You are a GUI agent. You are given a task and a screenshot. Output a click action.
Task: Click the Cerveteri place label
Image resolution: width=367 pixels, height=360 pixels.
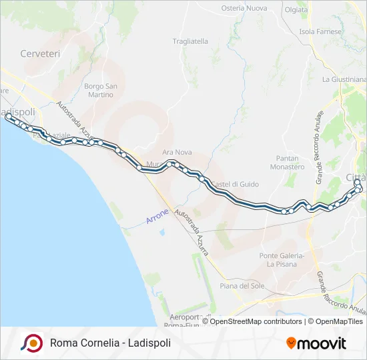(40, 53)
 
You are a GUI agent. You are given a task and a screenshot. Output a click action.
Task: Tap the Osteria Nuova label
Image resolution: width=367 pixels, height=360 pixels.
(244, 9)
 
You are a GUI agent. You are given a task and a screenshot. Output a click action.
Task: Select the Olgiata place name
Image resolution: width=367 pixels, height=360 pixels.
(296, 10)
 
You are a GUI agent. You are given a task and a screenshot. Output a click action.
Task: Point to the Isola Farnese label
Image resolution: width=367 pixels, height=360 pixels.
(321, 31)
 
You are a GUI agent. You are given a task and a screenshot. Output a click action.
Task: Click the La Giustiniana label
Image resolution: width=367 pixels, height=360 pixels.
(344, 79)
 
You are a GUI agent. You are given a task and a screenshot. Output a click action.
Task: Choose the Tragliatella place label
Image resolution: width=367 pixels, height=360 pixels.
(190, 41)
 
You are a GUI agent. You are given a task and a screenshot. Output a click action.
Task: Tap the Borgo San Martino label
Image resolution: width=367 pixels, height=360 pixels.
(101, 90)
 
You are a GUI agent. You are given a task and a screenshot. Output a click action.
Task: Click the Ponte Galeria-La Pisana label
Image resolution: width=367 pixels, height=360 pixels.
(282, 259)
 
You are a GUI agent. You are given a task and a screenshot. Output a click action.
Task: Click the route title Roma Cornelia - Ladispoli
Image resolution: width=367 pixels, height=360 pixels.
(110, 343)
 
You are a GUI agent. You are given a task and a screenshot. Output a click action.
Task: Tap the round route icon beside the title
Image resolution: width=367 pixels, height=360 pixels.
(31, 343)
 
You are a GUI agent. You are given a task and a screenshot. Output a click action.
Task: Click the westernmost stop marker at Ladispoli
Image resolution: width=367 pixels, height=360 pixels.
(9, 116)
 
